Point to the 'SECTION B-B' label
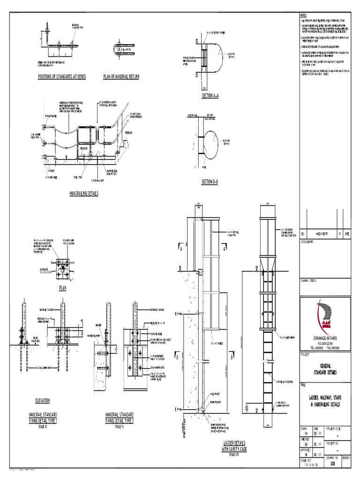tap(207, 181)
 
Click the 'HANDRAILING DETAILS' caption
tap(84, 193)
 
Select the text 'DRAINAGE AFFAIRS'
tap(324, 337)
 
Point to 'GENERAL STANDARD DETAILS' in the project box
tap(324, 369)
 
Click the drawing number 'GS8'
tap(333, 464)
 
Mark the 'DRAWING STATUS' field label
tap(310, 280)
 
